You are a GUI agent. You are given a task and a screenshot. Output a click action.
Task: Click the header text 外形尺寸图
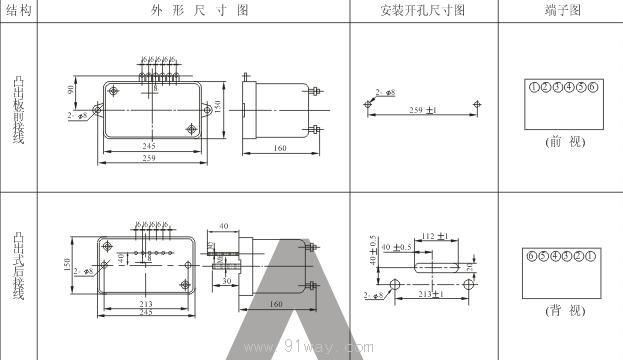pos(193,10)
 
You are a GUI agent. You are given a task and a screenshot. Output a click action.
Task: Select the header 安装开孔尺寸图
pos(422,10)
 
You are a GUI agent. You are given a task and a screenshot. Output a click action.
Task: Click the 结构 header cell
pos(18,10)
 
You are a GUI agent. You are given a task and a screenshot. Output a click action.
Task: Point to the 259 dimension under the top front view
pos(149,158)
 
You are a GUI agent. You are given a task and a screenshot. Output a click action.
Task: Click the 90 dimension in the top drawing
pos(72,90)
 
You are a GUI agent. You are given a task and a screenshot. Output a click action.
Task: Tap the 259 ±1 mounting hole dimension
pos(423,110)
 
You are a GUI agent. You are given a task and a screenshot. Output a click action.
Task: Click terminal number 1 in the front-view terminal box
pos(535,88)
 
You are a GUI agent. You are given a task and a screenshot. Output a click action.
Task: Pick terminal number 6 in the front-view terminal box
pos(593,88)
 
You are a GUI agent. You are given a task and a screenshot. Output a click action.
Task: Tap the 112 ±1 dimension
pos(432,237)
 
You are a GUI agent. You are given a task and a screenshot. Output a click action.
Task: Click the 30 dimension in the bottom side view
pos(228,281)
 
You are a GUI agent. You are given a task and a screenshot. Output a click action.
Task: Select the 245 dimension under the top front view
pos(149,146)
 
